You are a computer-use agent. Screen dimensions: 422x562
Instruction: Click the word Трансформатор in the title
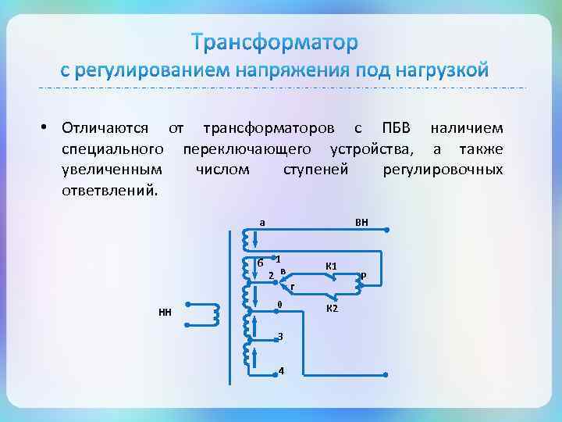pos(276,41)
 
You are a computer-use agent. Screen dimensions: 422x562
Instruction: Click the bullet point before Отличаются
pos(46,127)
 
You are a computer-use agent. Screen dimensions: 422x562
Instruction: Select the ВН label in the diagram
pos(361,223)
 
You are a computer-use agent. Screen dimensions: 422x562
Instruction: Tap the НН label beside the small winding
pos(165,313)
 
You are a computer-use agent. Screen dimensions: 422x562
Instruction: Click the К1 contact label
pos(331,266)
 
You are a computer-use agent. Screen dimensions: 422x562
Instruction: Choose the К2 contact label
pos(331,308)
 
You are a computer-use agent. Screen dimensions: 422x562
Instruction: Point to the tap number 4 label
pos(281,370)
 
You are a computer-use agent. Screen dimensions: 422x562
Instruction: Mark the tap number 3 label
pos(280,336)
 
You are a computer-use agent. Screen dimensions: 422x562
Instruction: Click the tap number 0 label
pos(279,303)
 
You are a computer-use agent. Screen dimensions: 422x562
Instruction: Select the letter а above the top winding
pos(262,222)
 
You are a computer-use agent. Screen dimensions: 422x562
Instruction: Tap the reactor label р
pos(364,274)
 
